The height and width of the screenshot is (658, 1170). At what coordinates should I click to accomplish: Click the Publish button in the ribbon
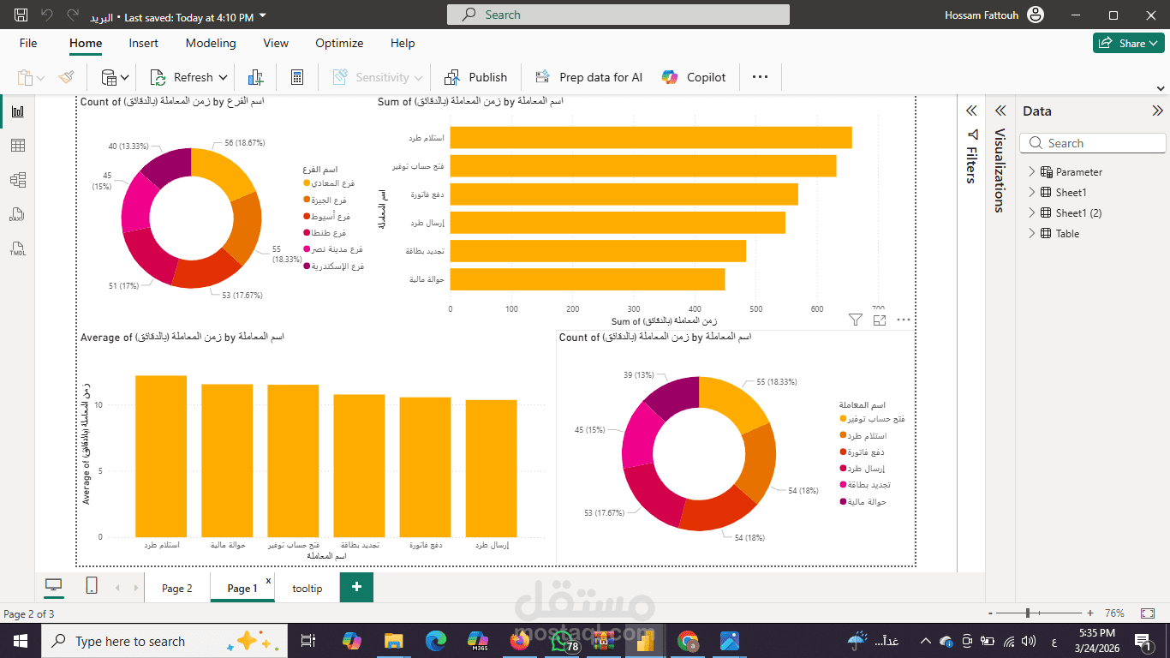click(476, 77)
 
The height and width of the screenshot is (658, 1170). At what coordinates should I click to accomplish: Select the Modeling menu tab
click(210, 43)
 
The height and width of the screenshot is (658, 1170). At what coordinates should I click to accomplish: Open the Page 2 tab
click(177, 589)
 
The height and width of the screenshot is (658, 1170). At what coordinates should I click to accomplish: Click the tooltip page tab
click(307, 589)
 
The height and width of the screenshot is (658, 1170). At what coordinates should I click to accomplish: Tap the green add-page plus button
click(356, 588)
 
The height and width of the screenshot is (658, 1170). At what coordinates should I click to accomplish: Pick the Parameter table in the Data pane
click(1078, 172)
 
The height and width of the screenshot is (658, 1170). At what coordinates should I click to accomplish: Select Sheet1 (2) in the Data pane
click(1078, 213)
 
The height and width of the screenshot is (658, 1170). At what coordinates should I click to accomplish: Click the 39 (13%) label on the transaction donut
click(639, 375)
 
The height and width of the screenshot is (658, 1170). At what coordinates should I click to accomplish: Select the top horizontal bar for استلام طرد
click(650, 138)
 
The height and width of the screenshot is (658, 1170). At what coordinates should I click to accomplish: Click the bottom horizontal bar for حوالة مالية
click(587, 279)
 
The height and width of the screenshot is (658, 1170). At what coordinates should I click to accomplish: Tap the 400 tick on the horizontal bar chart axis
click(695, 309)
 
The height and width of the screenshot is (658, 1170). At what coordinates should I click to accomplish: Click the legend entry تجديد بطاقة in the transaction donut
click(866, 486)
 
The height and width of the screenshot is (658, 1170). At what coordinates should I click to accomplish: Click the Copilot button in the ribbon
click(694, 77)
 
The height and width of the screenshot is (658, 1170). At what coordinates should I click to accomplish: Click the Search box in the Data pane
click(1094, 144)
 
